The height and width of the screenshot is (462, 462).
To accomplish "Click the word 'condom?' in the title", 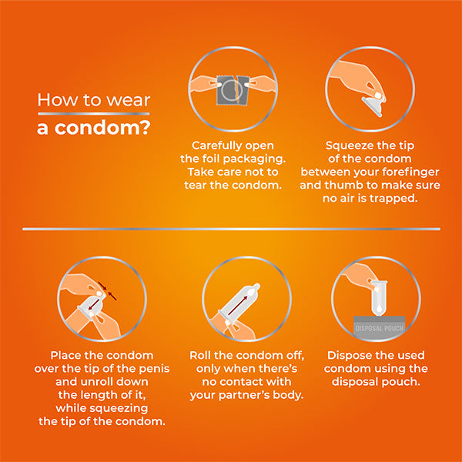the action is (103, 128).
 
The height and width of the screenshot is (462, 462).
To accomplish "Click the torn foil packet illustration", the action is (233, 90).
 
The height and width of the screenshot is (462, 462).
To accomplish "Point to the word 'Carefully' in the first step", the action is (214, 146).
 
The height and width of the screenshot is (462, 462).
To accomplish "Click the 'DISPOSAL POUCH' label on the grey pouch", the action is (379, 328).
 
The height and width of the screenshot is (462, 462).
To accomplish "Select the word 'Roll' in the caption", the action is (200, 355).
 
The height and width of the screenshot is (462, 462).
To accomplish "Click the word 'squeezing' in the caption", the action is (119, 408).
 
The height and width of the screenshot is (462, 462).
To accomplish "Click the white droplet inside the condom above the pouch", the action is (379, 308).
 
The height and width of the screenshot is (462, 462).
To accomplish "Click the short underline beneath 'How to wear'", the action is (94, 114).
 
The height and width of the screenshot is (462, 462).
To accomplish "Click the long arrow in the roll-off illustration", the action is (237, 306).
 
